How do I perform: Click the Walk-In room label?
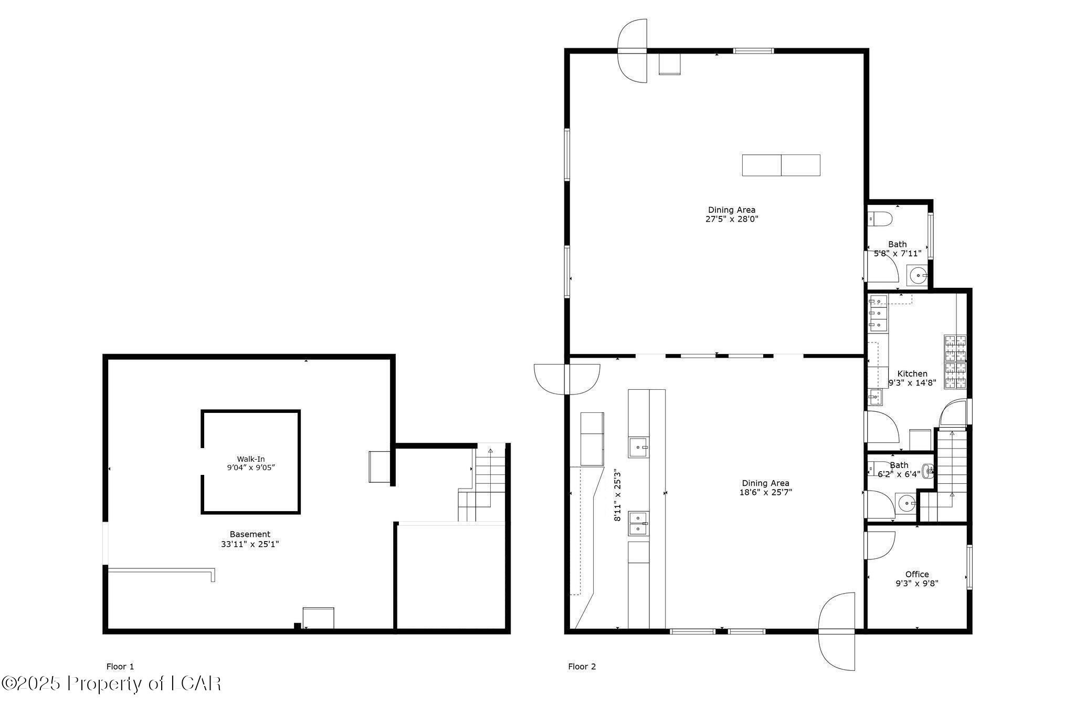click(x=250, y=459)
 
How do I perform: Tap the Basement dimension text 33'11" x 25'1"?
click(x=250, y=544)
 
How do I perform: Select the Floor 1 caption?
click(x=120, y=667)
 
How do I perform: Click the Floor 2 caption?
click(x=582, y=667)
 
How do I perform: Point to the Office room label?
click(x=916, y=574)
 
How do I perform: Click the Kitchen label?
click(x=912, y=373)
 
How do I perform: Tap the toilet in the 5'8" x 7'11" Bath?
click(x=880, y=219)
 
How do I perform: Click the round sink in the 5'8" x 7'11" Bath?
click(x=918, y=275)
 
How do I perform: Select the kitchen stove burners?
click(x=955, y=362)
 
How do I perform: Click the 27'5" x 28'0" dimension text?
click(x=732, y=219)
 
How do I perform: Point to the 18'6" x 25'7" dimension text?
click(x=765, y=492)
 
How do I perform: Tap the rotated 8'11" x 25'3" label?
click(x=618, y=495)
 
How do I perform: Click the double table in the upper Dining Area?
click(x=781, y=165)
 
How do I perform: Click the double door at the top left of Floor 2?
click(x=633, y=51)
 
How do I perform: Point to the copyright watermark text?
click(x=111, y=683)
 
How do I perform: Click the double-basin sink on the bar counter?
click(x=639, y=523)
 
